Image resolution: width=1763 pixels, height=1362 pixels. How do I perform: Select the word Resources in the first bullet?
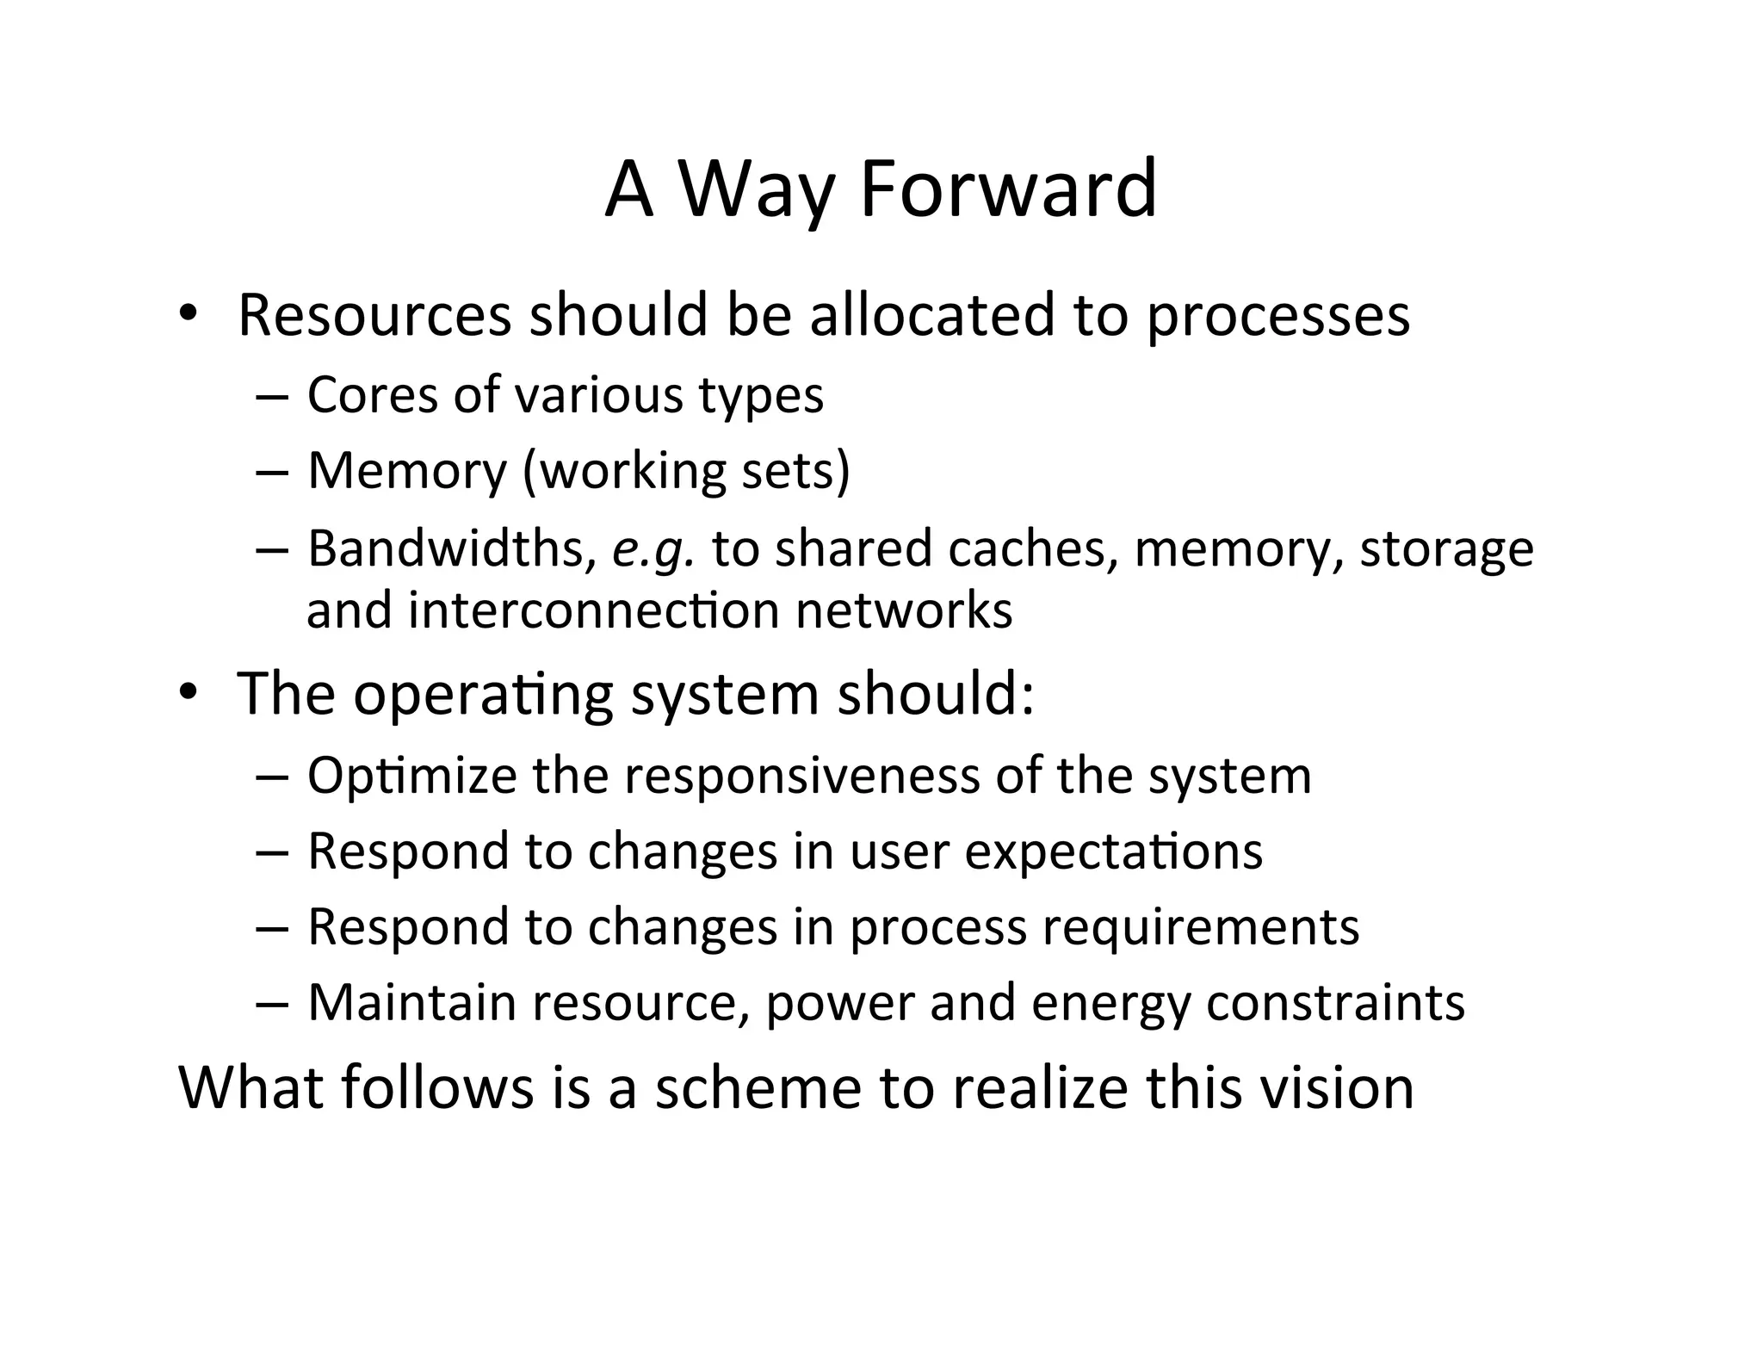click(x=374, y=315)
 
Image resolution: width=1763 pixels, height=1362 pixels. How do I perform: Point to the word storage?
click(x=1446, y=548)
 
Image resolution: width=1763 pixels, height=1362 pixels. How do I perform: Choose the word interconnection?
click(x=593, y=610)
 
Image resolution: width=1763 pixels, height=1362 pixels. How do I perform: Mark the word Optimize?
click(x=411, y=777)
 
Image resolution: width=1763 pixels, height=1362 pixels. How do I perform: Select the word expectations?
click(x=1113, y=852)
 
